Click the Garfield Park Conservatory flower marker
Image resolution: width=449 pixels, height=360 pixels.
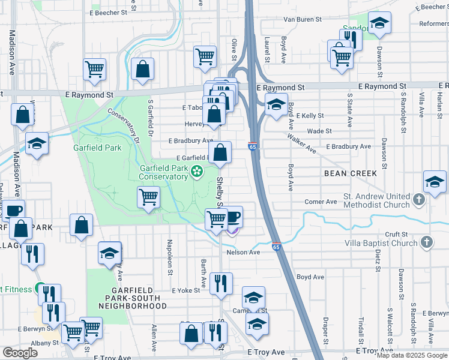196,173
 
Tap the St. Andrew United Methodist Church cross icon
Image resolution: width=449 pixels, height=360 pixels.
419,198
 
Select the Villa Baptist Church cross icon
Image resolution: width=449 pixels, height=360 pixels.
426,243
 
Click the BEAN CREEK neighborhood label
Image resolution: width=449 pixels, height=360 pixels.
350,173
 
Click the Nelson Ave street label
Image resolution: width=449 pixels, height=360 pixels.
243,253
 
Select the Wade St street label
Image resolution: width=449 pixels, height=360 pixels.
319,131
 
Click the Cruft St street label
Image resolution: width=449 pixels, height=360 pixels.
397,234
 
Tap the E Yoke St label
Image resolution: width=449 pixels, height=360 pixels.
185,290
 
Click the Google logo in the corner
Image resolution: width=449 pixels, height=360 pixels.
20,352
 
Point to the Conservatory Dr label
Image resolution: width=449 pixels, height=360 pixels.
123,124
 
